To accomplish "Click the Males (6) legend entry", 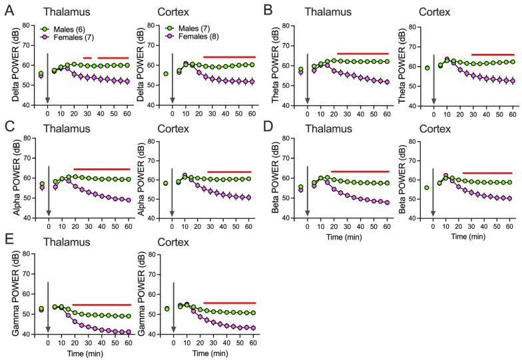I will coord(67,29).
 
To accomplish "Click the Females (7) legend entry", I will coord(70,38).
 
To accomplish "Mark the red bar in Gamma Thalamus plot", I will coord(101,286).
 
